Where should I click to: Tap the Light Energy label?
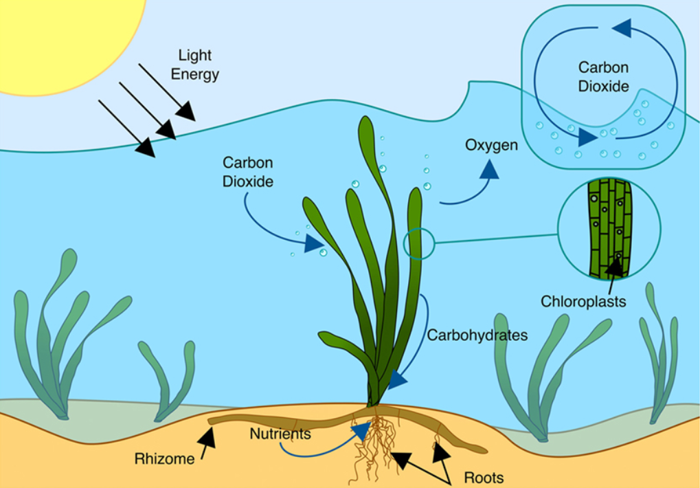pos(194,64)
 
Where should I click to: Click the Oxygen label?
pos(491,146)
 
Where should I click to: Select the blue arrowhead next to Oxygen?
pos(489,170)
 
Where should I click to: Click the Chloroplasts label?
pos(583,301)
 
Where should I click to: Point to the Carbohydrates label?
pos(477,335)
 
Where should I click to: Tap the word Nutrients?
pos(280,434)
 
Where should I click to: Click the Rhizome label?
pos(165,458)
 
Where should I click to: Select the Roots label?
pos(484,478)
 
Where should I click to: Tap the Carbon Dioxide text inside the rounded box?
pos(603,77)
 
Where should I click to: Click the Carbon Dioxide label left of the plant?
pos(248,173)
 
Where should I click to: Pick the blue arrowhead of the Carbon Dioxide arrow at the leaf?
pos(315,243)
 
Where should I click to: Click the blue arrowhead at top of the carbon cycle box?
pos(622,28)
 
